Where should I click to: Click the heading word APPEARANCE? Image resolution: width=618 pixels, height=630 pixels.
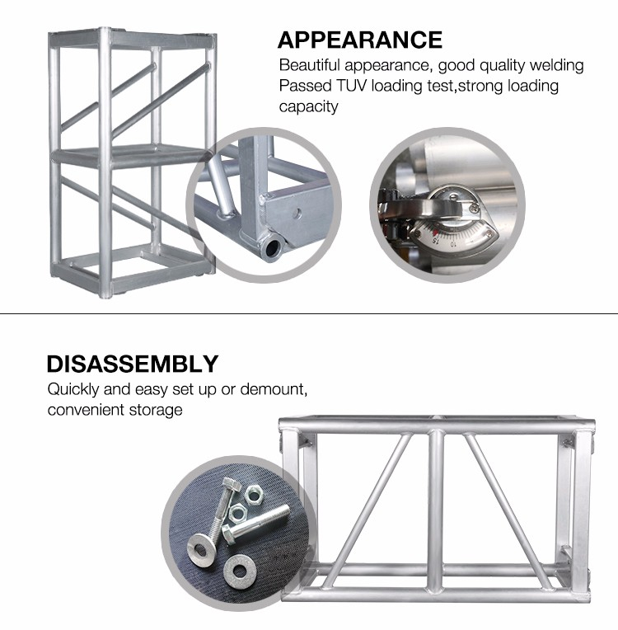[360, 40]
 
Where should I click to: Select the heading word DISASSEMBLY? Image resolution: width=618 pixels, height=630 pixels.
[133, 364]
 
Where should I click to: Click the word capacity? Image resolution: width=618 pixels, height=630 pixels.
[308, 107]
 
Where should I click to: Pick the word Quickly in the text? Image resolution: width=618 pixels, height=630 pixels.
[73, 389]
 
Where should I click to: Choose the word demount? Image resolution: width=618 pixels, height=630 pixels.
[274, 389]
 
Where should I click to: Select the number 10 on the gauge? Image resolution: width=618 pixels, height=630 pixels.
[453, 244]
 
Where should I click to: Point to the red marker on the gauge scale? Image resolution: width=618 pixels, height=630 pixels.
[435, 232]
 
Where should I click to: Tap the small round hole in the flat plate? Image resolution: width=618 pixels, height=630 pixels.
[297, 213]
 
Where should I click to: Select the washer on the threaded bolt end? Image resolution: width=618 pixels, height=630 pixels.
[202, 549]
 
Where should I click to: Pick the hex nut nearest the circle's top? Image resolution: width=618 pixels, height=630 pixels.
[254, 494]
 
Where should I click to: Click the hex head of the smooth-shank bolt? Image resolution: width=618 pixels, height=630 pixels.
[230, 534]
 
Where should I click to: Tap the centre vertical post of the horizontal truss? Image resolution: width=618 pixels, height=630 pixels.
[436, 510]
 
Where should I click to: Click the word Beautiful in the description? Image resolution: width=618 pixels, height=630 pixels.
[309, 65]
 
